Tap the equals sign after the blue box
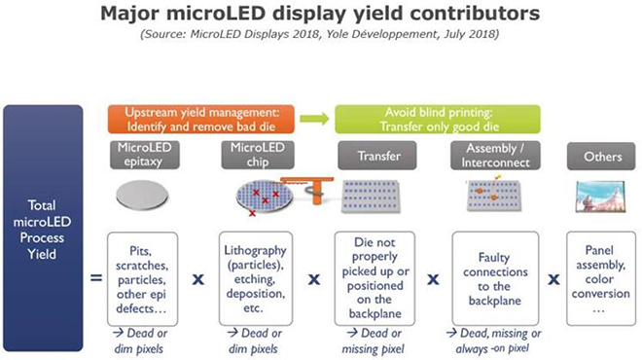pyautogui.click(x=96, y=278)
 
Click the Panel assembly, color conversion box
pyautogui.click(x=598, y=275)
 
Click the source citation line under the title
pyautogui.click(x=321, y=36)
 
